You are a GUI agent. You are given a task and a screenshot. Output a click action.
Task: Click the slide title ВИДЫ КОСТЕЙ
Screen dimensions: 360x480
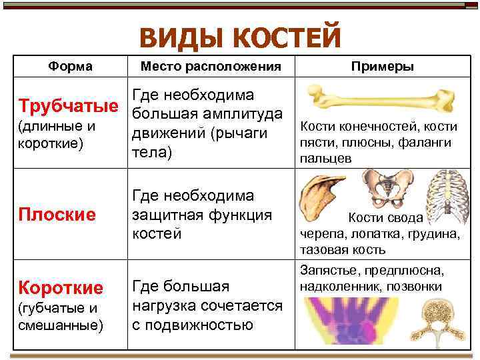pyautogui.click(x=240, y=36)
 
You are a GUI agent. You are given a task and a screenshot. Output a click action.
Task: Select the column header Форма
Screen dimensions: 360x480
pyautogui.click(x=71, y=67)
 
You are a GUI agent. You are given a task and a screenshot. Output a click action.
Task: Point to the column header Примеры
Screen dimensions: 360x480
pyautogui.click(x=383, y=67)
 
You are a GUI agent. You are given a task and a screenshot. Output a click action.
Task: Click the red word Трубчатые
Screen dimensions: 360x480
pyautogui.click(x=70, y=107)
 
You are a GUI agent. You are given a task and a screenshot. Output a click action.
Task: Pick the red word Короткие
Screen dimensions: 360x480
pyautogui.click(x=61, y=288)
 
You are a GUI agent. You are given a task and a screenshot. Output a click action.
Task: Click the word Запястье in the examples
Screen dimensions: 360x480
pyautogui.click(x=328, y=271)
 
